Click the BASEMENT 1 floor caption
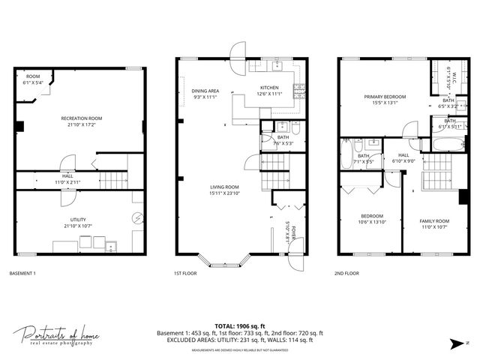(x=22, y=274)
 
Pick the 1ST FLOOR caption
(x=186, y=274)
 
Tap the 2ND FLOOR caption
(x=346, y=274)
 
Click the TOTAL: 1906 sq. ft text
(x=239, y=326)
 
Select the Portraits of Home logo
(x=55, y=335)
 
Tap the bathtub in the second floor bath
(x=448, y=143)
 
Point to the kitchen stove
(x=299, y=91)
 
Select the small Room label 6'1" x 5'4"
(x=33, y=79)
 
